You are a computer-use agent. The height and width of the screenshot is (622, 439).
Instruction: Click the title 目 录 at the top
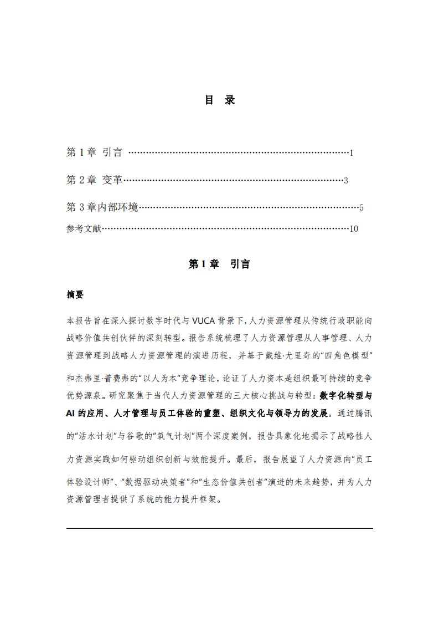[220, 100]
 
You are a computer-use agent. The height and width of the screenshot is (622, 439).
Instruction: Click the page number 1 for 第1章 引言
[352, 153]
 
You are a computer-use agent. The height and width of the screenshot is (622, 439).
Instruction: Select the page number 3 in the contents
[345, 181]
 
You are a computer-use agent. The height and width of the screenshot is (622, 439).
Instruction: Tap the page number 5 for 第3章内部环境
[361, 208]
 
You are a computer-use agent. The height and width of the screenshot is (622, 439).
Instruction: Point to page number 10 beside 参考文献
[354, 229]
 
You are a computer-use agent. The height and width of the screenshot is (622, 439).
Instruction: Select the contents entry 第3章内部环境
[102, 208]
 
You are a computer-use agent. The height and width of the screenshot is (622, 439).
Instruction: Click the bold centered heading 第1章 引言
[219, 264]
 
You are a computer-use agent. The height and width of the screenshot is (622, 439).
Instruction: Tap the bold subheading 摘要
[75, 295]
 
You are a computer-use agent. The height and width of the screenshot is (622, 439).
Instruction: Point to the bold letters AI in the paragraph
[71, 414]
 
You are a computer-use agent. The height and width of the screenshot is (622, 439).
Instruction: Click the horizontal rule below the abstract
[219, 528]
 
